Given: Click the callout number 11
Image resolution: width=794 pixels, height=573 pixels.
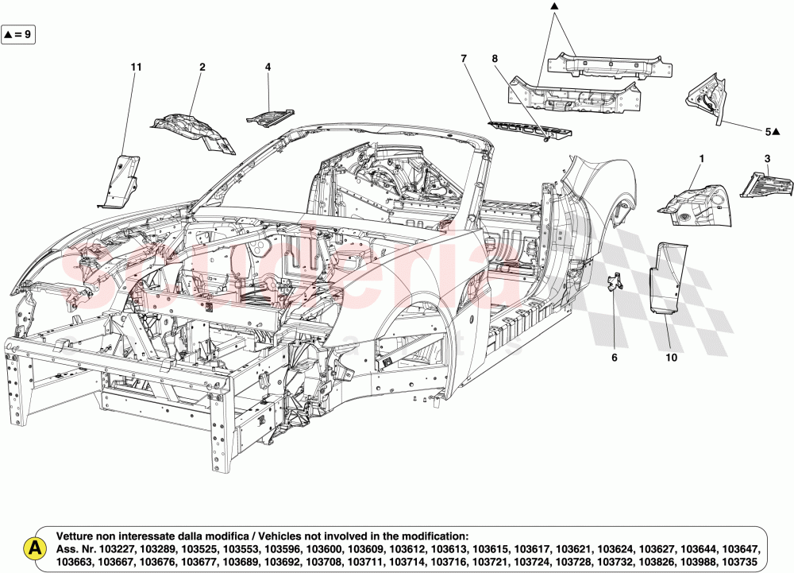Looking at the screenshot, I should pyautogui.click(x=136, y=68).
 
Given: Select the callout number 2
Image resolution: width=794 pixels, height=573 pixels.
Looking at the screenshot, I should pyautogui.click(x=202, y=68).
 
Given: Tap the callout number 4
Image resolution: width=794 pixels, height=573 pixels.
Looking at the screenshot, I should pyautogui.click(x=268, y=68).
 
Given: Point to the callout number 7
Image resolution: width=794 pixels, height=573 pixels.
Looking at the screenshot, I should pyautogui.click(x=464, y=58).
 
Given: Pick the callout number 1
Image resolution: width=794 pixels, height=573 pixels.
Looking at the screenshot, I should pyautogui.click(x=701, y=158).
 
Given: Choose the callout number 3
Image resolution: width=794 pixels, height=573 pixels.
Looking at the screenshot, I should pyautogui.click(x=767, y=158).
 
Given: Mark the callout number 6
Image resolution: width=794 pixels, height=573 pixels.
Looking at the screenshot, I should pyautogui.click(x=613, y=358).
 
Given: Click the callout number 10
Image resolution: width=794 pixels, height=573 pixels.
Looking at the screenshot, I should pyautogui.click(x=671, y=358).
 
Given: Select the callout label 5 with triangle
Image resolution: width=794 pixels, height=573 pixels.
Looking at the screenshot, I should pyautogui.click(x=772, y=131).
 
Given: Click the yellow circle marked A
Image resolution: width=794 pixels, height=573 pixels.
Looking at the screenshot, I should pyautogui.click(x=34, y=548).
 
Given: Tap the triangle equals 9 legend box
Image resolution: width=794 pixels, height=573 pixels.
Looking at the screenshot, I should pyautogui.click(x=17, y=34).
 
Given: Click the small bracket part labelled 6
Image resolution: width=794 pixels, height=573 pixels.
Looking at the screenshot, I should pyautogui.click(x=614, y=283).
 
